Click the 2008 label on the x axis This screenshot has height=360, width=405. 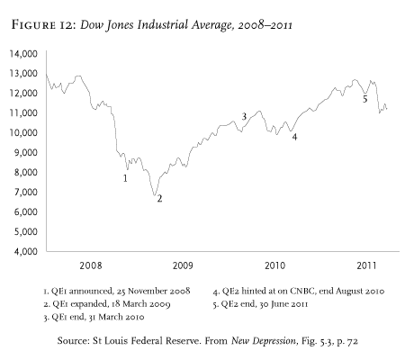point(91,266)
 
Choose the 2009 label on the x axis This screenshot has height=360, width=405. point(183,266)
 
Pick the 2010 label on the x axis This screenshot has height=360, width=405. point(274,266)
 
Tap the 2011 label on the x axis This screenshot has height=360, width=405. point(366,266)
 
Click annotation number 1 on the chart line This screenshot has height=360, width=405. point(125,178)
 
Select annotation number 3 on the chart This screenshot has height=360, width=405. point(244,117)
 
